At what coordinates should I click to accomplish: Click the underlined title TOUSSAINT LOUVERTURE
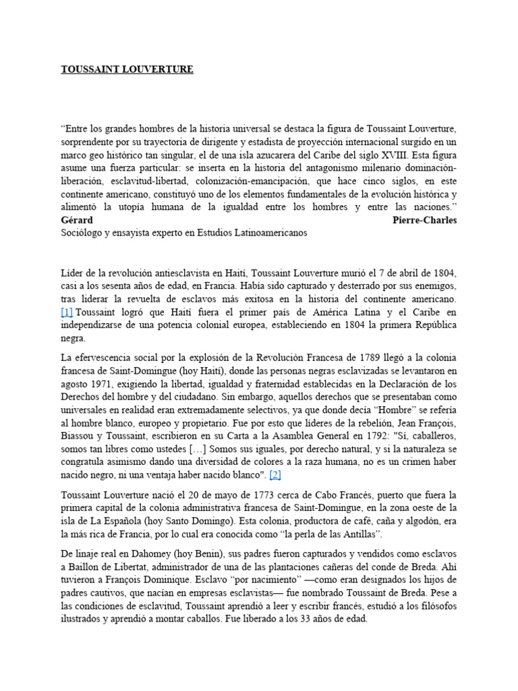click(127, 70)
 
